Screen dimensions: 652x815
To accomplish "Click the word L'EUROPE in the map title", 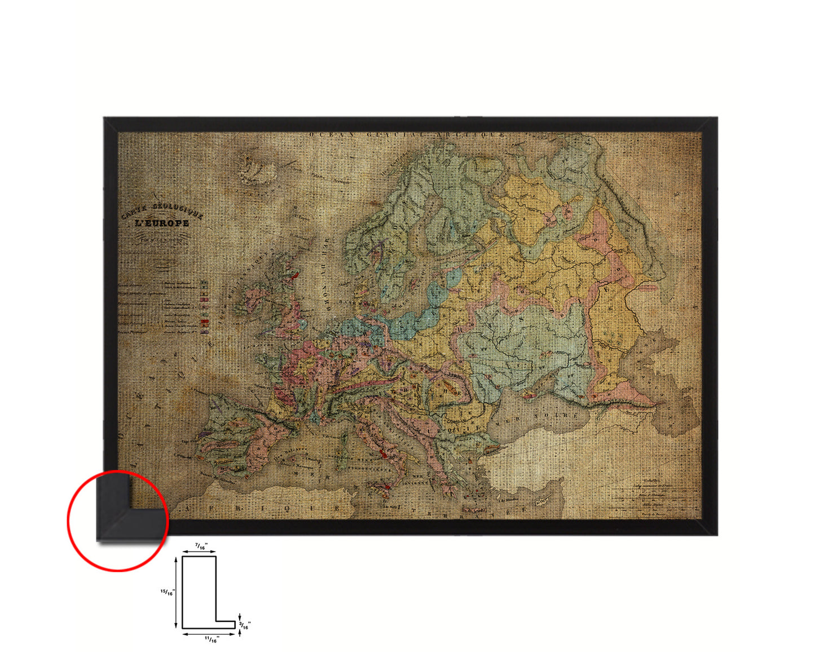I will pos(161,223).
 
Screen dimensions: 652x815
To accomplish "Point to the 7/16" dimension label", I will pos(200,546).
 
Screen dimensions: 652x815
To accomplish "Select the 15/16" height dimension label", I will pos(168,592).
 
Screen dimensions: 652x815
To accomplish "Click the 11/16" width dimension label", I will pos(212,639).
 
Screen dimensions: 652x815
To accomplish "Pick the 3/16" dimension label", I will pos(245,625).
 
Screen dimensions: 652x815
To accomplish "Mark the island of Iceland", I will pos(257,169).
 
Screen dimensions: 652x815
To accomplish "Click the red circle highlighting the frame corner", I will pos(118,521).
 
